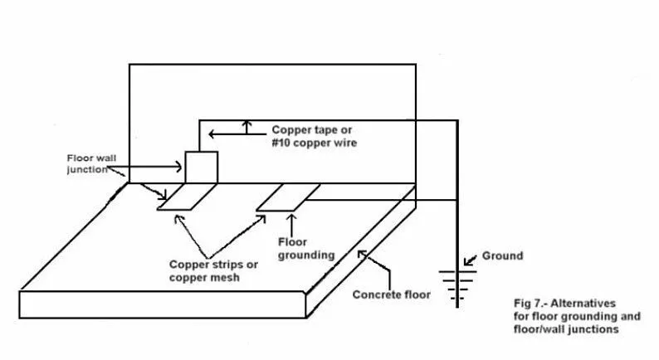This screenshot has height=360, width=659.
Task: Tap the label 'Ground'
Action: point(502,256)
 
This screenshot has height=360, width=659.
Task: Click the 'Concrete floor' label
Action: point(392,294)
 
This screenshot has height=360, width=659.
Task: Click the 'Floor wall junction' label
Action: point(90,163)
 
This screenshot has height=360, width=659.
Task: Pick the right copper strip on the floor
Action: point(287,197)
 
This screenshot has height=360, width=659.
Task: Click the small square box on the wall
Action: point(201,168)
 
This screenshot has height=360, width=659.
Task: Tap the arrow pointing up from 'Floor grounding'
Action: point(291,222)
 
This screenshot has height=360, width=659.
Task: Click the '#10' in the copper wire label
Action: point(282,143)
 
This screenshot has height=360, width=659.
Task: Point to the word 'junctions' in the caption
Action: point(593,329)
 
